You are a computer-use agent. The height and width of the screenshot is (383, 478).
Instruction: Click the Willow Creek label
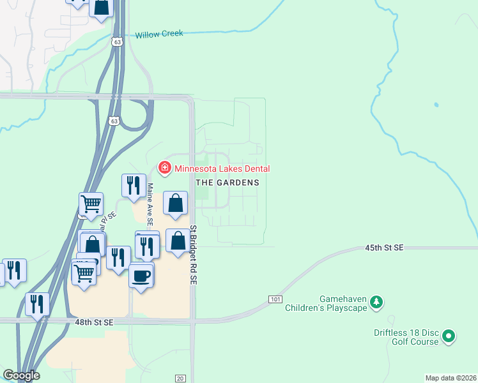pos(158,34)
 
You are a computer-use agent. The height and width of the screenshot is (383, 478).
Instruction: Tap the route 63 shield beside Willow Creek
pos(115,41)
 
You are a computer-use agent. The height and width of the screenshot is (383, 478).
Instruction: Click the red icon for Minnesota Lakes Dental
pos(164,168)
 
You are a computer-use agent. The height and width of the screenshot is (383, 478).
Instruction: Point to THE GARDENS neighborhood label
pos(227,182)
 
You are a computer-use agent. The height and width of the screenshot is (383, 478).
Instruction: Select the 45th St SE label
pos(384,246)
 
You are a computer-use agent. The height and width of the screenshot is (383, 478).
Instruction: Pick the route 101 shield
pos(275,299)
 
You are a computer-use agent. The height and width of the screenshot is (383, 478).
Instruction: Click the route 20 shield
pos(180,378)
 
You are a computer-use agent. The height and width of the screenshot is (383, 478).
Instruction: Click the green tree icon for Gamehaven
pos(377,301)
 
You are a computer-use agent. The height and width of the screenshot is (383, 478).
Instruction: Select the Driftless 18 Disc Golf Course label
pos(406,337)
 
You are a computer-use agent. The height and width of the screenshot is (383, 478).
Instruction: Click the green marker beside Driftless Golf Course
pos(449,335)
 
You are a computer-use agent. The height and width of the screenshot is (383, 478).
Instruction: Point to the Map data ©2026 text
pos(451,378)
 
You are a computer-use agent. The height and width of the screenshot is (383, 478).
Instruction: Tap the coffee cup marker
pos(141,275)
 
